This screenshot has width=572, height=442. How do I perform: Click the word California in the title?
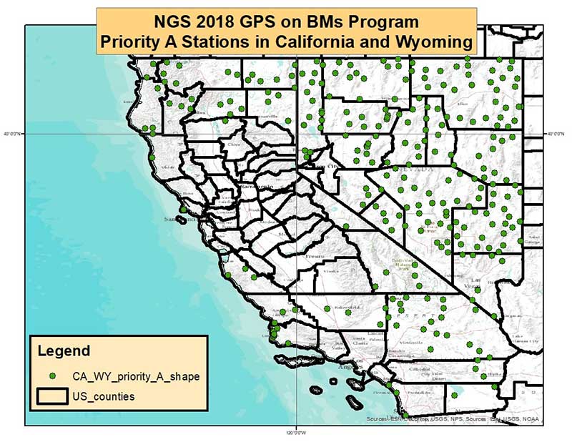pyautogui.click(x=308, y=42)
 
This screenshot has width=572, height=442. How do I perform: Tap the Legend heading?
pyautogui.click(x=64, y=351)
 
